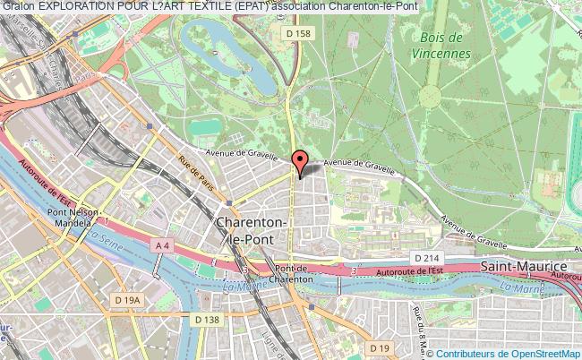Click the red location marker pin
point(300,162)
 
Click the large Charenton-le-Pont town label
point(253,228)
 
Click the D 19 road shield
point(380,347)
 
